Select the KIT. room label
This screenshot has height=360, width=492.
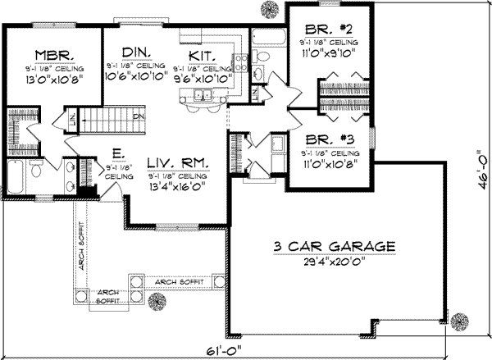point(201,54)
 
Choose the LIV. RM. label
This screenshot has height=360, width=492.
point(175,162)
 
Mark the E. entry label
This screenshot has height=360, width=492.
point(112,153)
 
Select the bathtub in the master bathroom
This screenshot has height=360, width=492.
point(16,175)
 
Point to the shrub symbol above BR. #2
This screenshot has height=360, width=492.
point(269,8)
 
